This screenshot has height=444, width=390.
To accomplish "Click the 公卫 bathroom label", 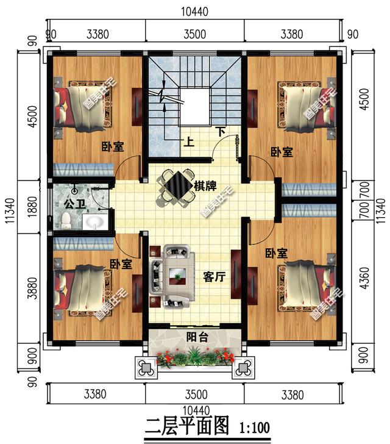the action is [75, 204].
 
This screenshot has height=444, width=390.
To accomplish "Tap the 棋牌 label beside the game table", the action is [205, 186].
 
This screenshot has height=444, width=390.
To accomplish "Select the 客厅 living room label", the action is [214, 277].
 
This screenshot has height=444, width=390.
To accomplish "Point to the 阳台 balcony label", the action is [197, 337].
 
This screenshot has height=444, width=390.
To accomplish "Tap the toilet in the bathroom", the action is [66, 220].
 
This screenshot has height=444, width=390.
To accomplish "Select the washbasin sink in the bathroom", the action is [95, 222].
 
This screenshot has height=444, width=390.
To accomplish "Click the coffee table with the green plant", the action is [177, 276].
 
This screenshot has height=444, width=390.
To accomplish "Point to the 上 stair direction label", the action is [189, 141].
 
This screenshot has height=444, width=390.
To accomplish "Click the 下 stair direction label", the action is [220, 132].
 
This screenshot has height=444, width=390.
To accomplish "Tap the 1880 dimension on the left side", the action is [32, 207].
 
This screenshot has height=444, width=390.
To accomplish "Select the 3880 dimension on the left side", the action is [32, 288].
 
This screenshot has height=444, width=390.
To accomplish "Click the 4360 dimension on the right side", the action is [365, 278].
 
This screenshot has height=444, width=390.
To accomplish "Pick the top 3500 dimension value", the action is [195, 34].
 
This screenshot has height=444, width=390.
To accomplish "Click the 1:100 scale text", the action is [255, 428].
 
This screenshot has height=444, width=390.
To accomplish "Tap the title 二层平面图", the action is [187, 426].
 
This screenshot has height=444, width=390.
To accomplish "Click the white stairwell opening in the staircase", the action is [194, 107].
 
